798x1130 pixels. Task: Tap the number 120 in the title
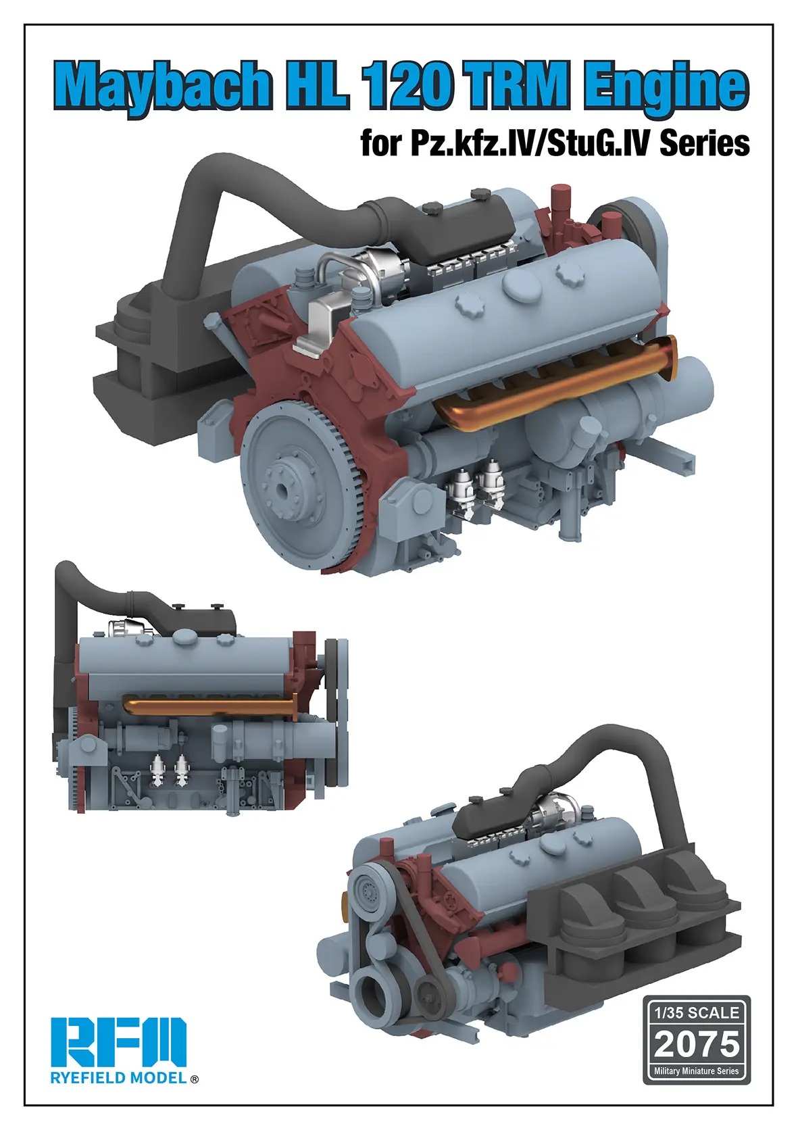[x=409, y=87]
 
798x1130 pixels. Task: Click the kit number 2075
[x=697, y=1044]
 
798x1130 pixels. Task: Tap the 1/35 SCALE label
[x=697, y=1012]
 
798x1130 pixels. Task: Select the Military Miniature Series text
[x=697, y=1071]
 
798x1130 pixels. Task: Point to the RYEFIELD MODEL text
[x=118, y=1079]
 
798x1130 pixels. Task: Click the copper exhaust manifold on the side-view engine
[x=209, y=708]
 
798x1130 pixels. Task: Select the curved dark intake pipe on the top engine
[x=203, y=203]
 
